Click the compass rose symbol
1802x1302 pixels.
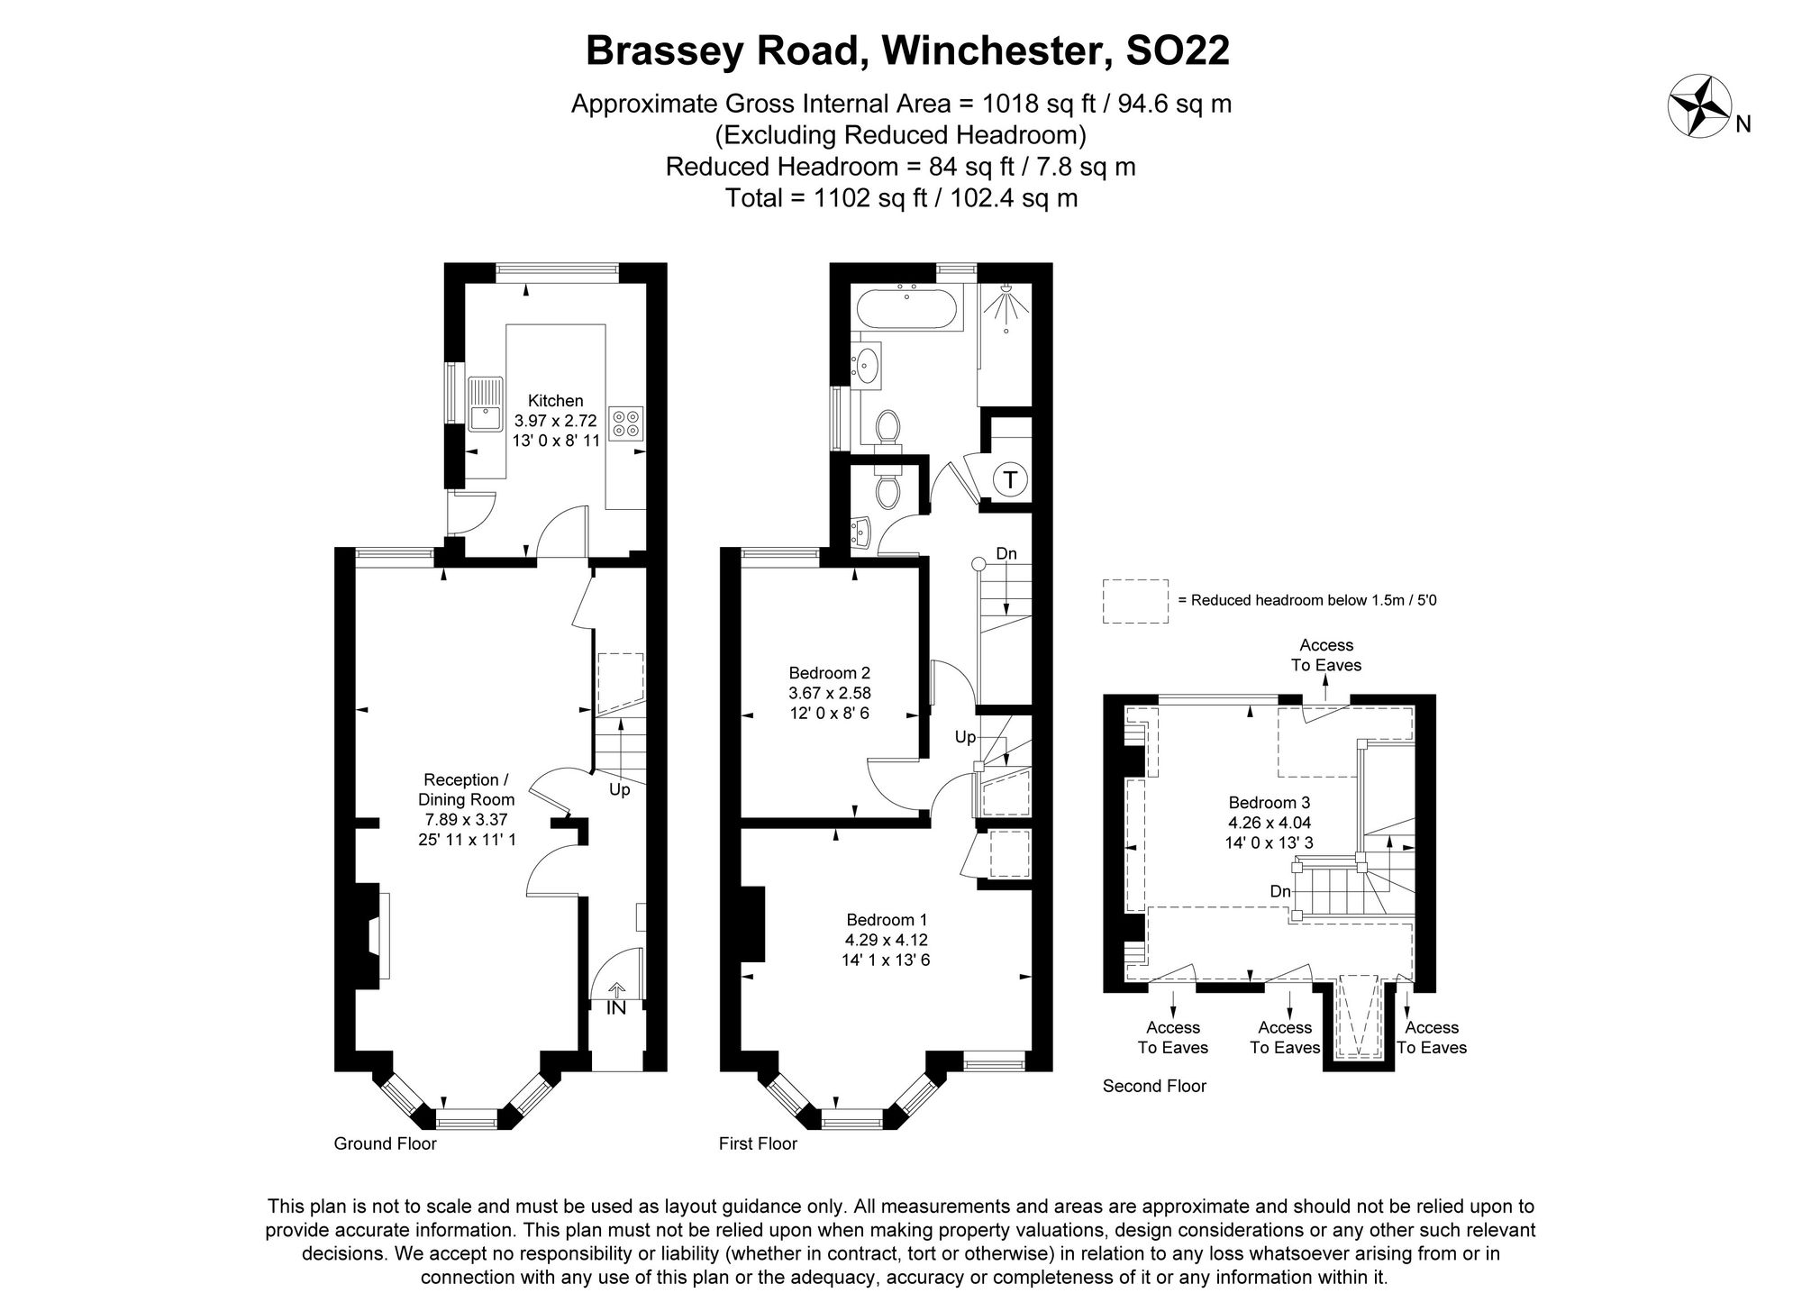point(1700,105)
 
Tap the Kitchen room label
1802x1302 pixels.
point(555,401)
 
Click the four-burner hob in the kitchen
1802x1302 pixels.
point(626,423)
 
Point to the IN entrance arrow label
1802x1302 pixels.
point(616,1007)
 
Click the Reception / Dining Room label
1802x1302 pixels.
point(466,789)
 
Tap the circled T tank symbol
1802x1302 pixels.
point(1010,480)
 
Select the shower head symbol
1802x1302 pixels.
point(1006,304)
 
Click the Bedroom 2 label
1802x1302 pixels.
point(829,673)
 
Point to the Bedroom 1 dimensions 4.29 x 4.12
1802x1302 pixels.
point(887,940)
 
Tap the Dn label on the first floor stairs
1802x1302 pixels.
point(1006,553)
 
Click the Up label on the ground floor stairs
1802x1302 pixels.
point(620,790)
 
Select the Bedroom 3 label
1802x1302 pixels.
point(1269,803)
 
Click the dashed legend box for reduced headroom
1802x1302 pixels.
point(1135,601)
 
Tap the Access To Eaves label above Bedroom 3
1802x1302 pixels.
point(1325,655)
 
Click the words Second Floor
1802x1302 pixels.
point(1154,1086)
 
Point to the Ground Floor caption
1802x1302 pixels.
point(385,1143)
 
